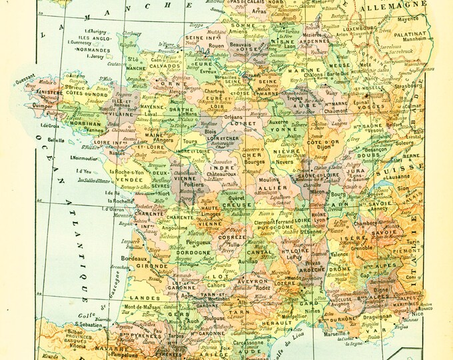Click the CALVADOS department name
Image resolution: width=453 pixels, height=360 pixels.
[163, 66]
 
